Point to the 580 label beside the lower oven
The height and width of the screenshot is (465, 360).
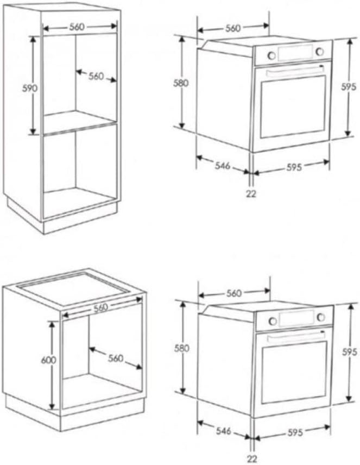(183, 348)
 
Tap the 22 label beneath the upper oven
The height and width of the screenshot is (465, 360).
(251, 193)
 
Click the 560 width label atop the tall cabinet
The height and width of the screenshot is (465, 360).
(80, 26)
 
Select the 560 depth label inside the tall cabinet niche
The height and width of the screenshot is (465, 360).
(96, 76)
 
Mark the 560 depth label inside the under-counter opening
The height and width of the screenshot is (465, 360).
(115, 359)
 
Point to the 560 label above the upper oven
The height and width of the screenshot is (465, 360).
(233, 28)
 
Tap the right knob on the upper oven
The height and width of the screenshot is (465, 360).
(320, 51)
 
